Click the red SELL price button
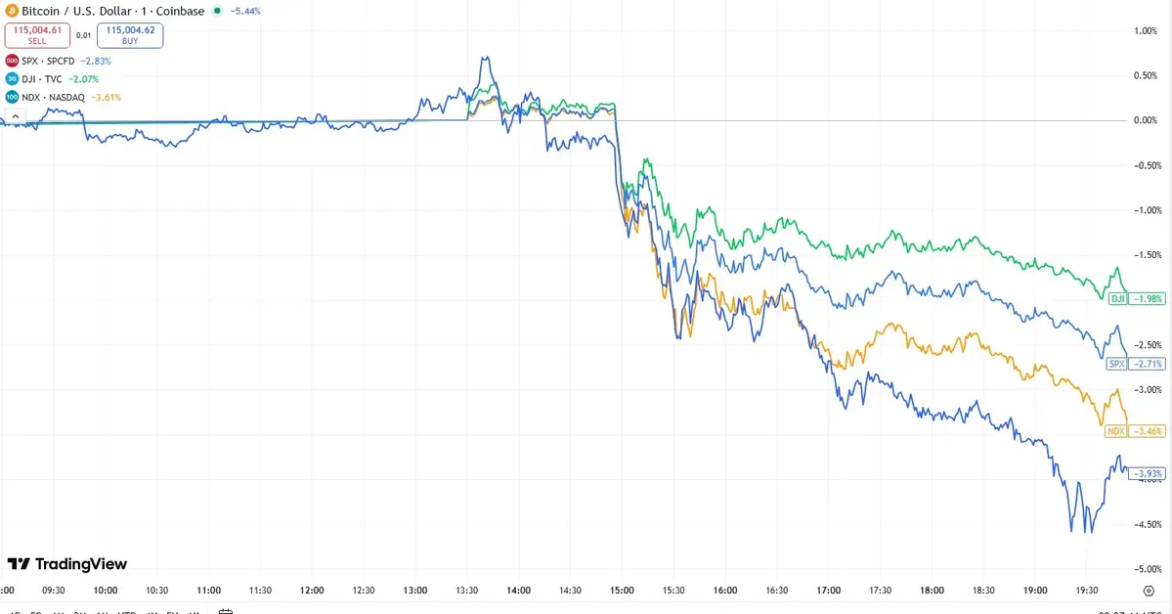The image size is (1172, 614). pos(35,36)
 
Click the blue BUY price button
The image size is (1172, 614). pos(130,36)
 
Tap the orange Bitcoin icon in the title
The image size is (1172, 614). pos(12,10)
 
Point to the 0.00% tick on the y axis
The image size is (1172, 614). pos(1144,120)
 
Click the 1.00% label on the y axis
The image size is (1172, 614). pos(1145,30)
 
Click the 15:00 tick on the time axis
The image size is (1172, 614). pos(622,591)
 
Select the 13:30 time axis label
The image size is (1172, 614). pos(467,591)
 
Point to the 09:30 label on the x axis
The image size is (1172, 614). pos(54,591)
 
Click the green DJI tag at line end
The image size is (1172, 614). pos(1118,298)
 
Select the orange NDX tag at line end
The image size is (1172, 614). pos(1116,431)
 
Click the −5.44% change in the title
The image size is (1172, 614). pos(243,11)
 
